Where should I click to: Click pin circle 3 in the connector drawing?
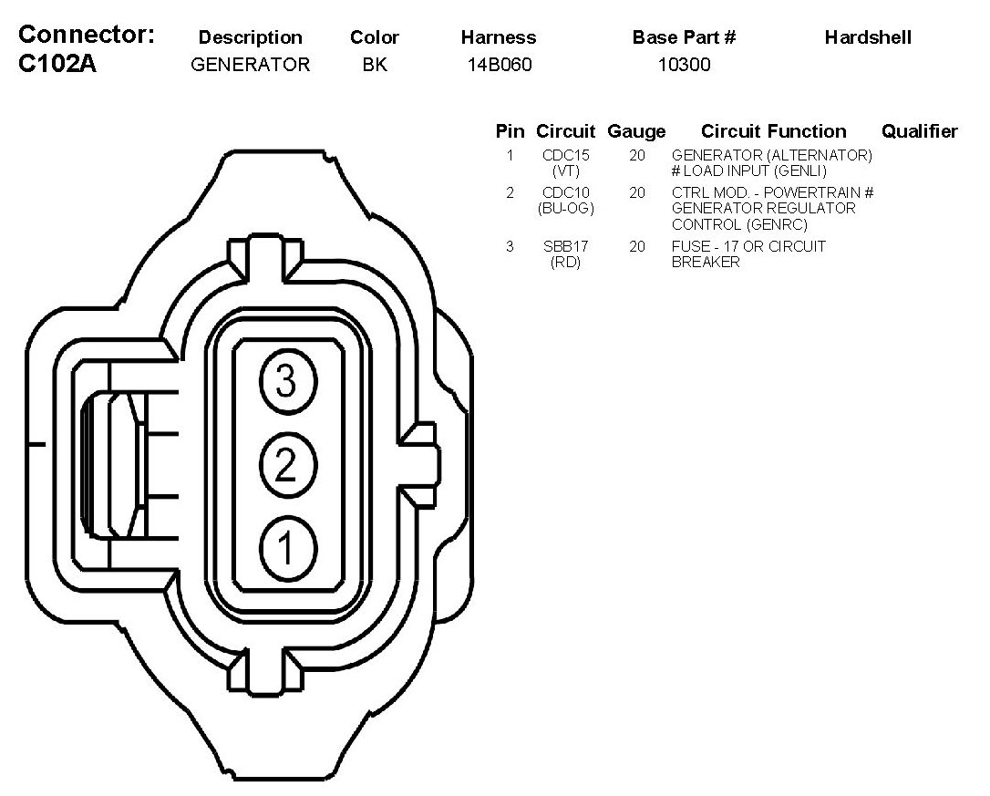click(286, 381)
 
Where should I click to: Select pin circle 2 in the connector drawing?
click(286, 466)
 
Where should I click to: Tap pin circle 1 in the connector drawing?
click(286, 549)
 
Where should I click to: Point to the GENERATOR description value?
click(250, 65)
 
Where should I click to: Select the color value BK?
click(374, 65)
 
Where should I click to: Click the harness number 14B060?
click(498, 65)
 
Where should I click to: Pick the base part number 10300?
click(684, 65)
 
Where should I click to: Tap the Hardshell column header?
click(868, 37)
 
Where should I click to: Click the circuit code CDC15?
click(565, 156)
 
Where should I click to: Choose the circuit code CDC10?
click(565, 193)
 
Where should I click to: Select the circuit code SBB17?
click(565, 247)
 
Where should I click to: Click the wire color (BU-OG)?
click(565, 209)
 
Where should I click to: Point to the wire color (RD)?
click(565, 263)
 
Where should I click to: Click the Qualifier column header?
click(919, 131)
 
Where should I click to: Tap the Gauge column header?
click(636, 131)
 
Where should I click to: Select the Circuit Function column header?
click(773, 131)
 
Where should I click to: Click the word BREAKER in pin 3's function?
click(706, 263)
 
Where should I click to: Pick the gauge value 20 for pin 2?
click(636, 193)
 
